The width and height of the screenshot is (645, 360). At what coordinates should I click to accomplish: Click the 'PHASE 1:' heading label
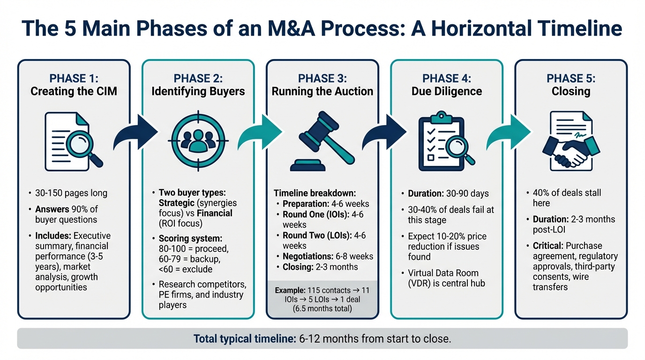point(74,78)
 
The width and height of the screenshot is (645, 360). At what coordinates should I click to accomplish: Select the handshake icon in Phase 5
point(570,151)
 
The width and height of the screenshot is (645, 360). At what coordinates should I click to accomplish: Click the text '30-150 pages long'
point(71,193)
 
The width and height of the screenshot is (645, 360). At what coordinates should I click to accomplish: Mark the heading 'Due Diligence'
point(447,91)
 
